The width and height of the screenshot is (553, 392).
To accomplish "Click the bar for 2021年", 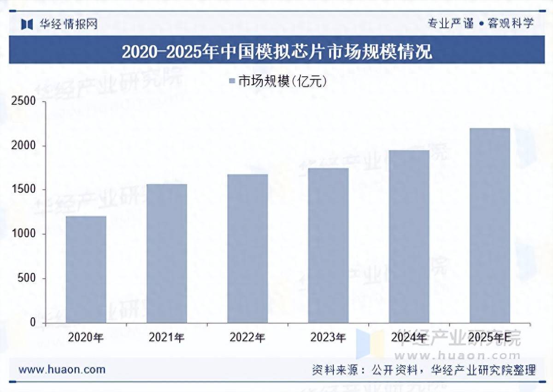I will [167, 253].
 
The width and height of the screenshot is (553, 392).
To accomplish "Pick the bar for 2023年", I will [328, 245].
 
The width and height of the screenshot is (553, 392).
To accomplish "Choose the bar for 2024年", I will [409, 236].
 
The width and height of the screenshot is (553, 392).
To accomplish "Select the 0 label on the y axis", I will [33, 323].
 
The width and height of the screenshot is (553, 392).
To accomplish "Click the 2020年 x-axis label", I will [86, 338].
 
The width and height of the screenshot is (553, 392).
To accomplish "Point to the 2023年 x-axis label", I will [328, 338].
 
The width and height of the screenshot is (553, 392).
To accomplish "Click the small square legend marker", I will [232, 82].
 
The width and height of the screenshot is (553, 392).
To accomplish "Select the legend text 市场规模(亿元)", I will [282, 82].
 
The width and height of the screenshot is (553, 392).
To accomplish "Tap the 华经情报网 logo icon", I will [27, 24].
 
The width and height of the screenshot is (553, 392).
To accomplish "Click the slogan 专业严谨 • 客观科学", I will [481, 23].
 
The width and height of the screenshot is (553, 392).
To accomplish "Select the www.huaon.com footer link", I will [62, 369].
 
